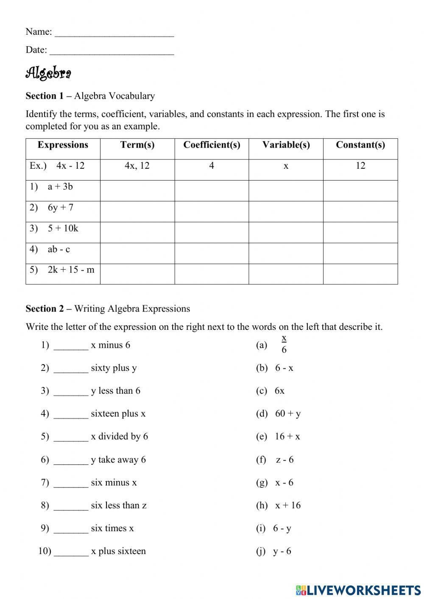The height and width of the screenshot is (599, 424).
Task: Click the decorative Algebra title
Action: tap(48, 73)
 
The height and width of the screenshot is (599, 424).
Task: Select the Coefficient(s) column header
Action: tap(212, 145)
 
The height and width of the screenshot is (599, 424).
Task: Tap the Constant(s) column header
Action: tap(360, 145)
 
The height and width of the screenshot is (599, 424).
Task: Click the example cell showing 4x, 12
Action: tap(137, 166)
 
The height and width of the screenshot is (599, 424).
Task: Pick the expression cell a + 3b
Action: tap(60, 187)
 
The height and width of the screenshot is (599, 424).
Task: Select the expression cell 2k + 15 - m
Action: tap(71, 270)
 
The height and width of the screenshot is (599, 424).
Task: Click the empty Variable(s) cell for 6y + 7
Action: tap(286, 211)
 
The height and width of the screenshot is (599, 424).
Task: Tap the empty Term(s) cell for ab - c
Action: tap(137, 253)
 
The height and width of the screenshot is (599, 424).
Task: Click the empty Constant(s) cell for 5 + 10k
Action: tap(360, 232)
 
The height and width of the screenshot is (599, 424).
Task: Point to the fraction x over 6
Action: tap(284, 344)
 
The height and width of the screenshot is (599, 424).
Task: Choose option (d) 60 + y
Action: tap(287, 414)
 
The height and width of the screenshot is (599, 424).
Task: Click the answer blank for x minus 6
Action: tap(71, 346)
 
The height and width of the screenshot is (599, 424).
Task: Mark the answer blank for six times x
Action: tap(71, 529)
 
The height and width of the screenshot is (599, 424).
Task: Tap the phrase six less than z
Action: tap(119, 505)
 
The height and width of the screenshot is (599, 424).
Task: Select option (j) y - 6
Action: tap(282, 551)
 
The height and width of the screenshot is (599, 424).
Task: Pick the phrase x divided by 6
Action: tap(119, 437)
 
